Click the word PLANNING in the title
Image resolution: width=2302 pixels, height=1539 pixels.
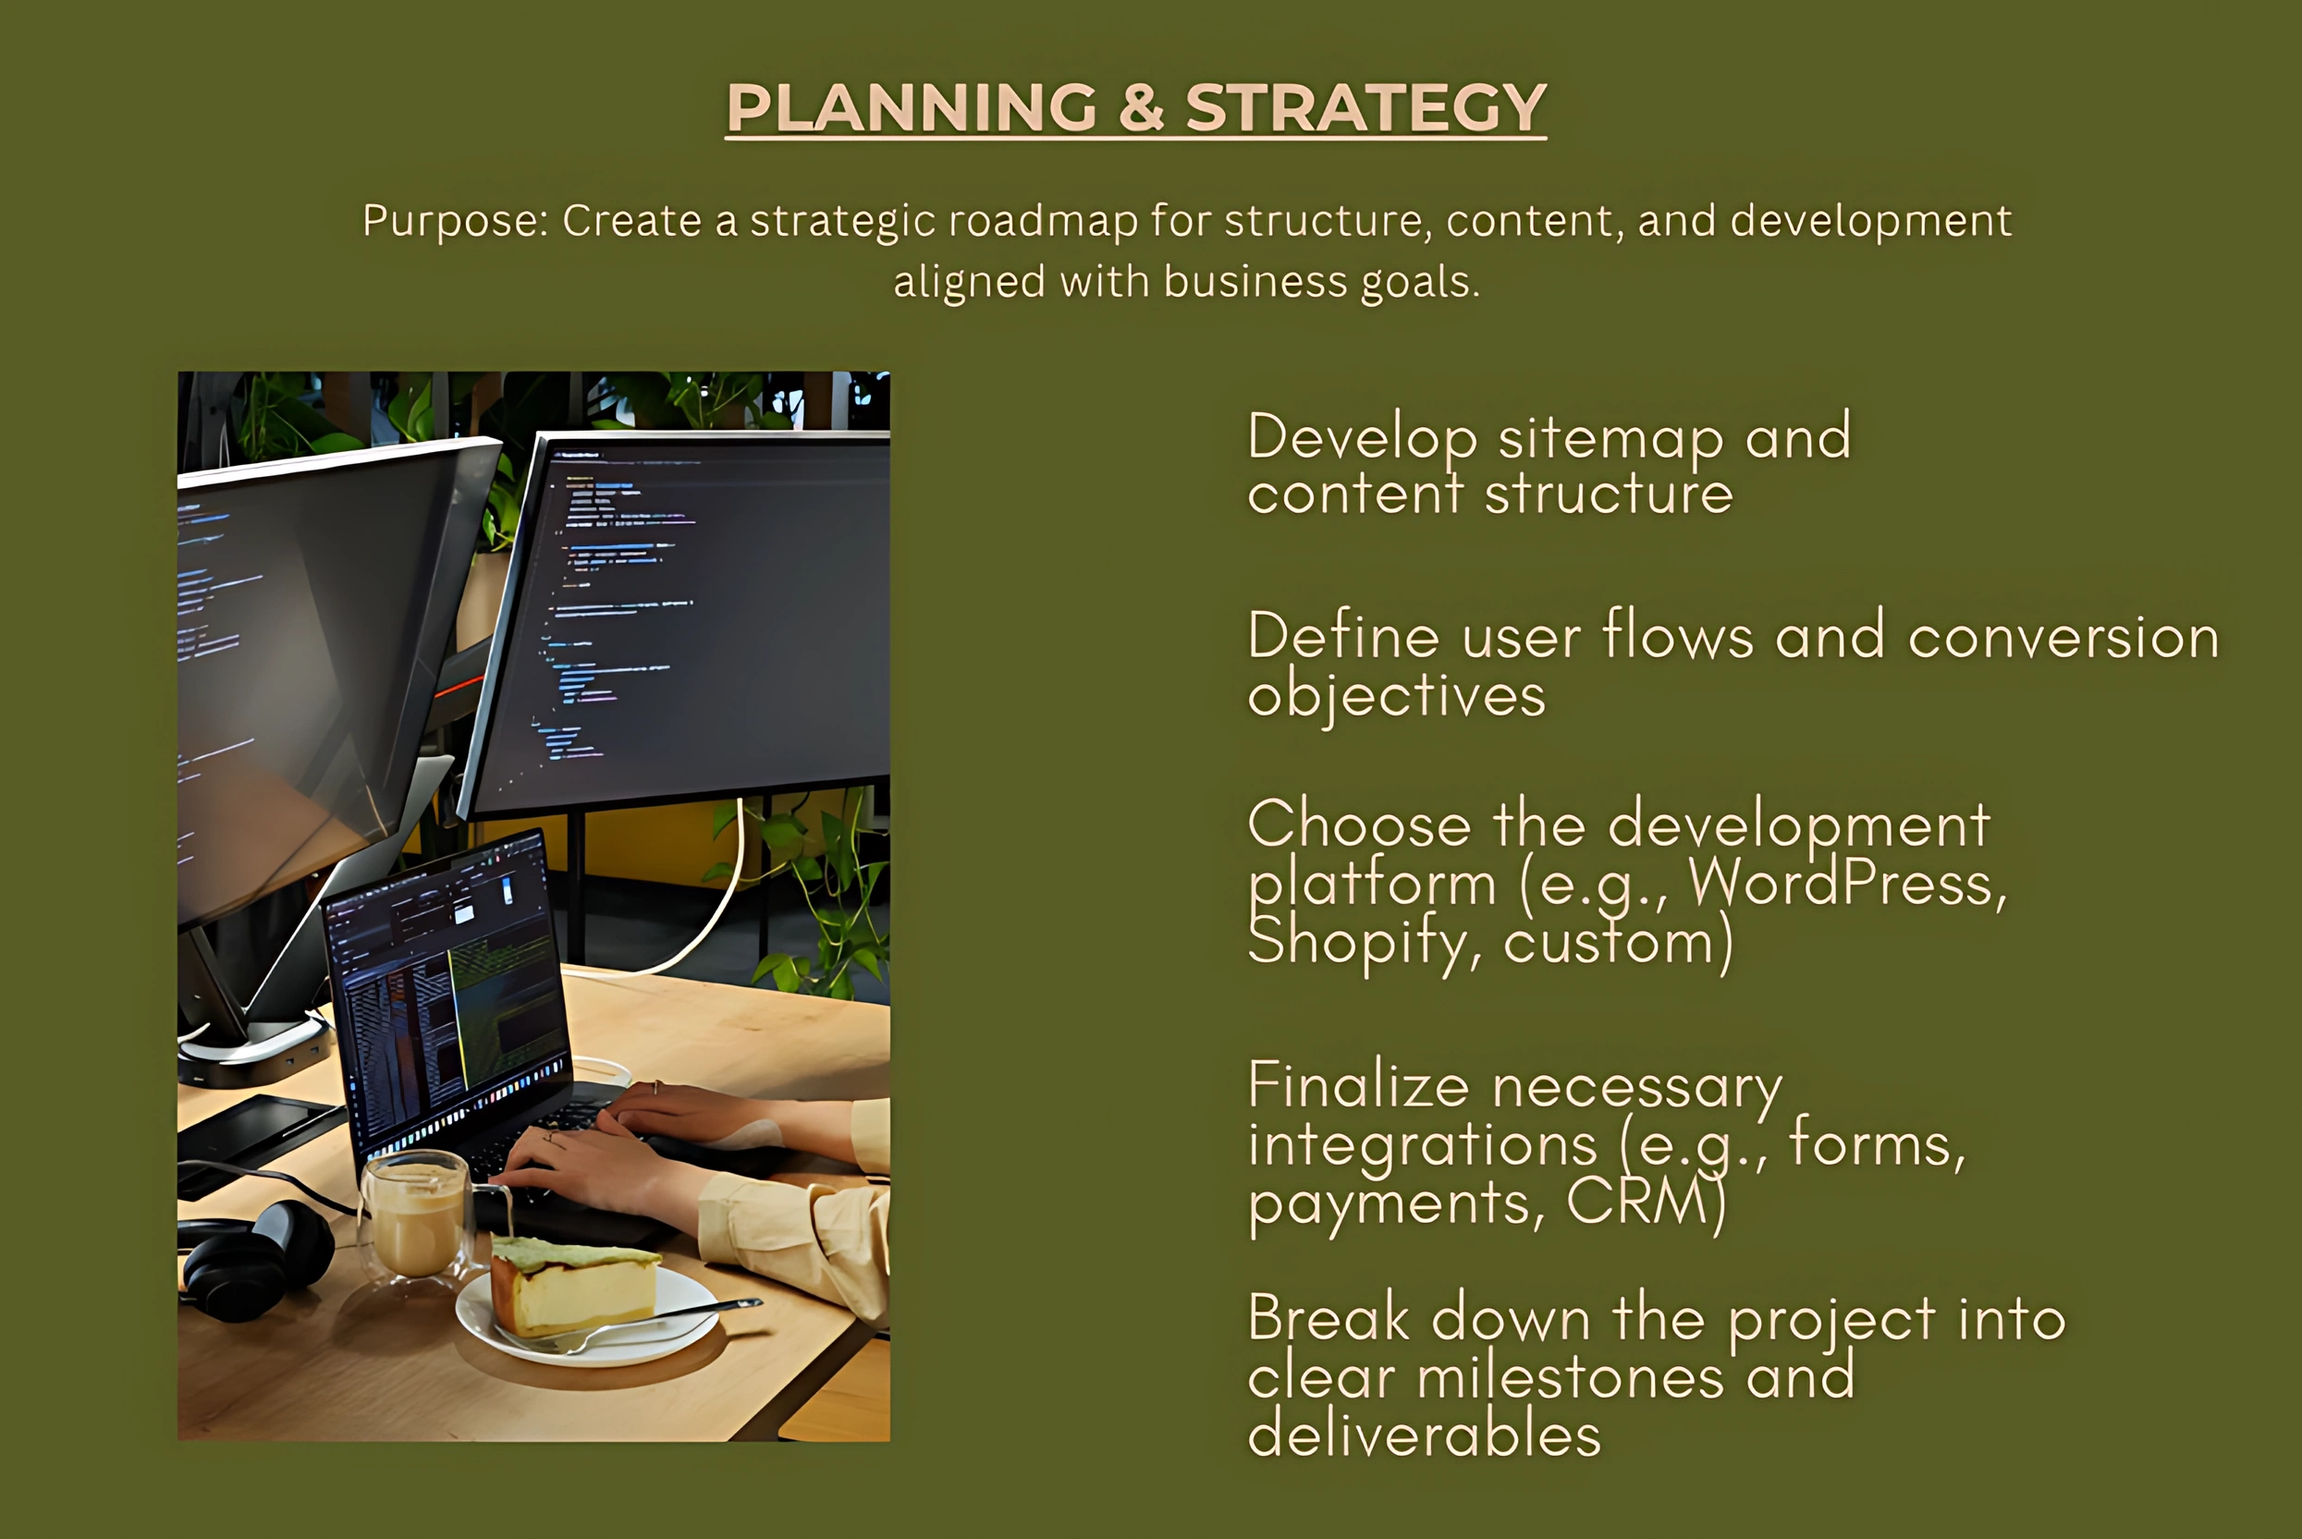pos(911,107)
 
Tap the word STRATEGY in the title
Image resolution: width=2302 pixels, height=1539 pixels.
pos(1365,107)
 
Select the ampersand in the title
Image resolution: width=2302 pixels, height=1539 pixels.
pos(1141,107)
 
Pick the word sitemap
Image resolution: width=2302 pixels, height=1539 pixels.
pos(1610,438)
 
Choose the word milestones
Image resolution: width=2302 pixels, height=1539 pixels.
pos(1571,1376)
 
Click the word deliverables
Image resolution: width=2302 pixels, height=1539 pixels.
pos(1425,1434)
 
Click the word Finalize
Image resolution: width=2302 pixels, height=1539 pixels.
pos(1358,1085)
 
